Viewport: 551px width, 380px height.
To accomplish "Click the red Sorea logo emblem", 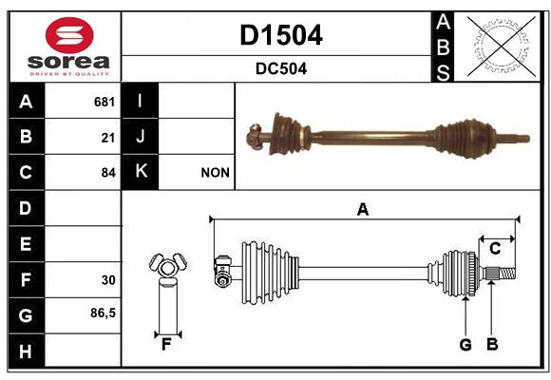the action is click(69, 35).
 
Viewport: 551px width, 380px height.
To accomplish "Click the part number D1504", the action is click(281, 35).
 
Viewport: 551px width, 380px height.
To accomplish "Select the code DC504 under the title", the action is click(281, 68).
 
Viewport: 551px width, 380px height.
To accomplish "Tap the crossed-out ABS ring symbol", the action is click(502, 46).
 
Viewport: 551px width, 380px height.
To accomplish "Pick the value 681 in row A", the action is click(104, 102).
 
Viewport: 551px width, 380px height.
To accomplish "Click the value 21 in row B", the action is click(108, 138).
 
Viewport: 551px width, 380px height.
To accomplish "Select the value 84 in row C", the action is click(108, 173).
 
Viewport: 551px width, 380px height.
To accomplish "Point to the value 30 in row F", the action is click(108, 280).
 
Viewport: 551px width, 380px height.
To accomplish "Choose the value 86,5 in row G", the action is click(103, 313).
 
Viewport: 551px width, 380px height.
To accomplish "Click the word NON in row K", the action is click(215, 173).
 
